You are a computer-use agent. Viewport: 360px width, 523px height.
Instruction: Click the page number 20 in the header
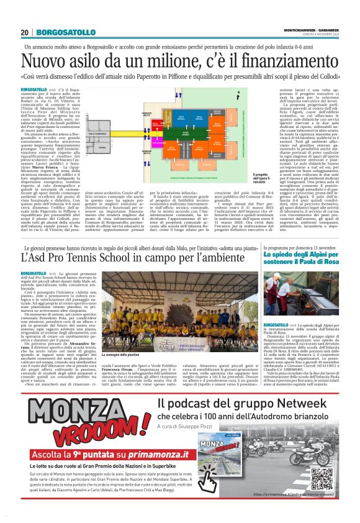24,32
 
